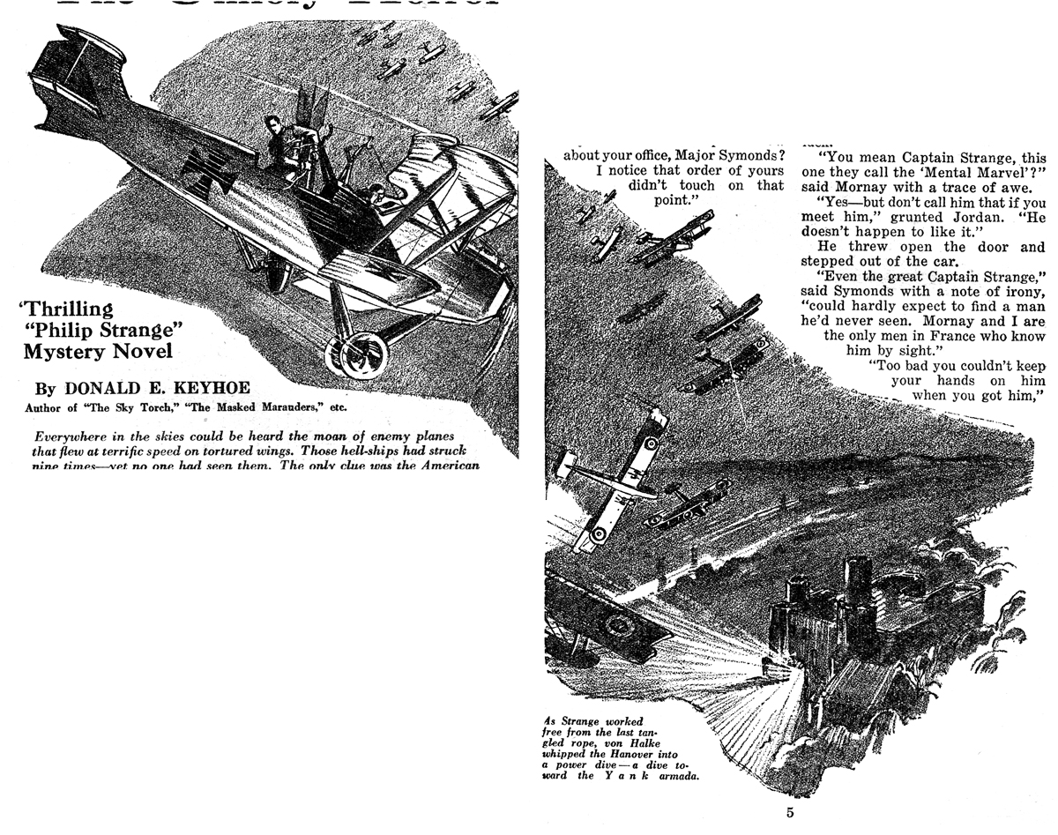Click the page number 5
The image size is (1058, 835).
point(790,812)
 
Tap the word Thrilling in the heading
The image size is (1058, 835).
point(68,309)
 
